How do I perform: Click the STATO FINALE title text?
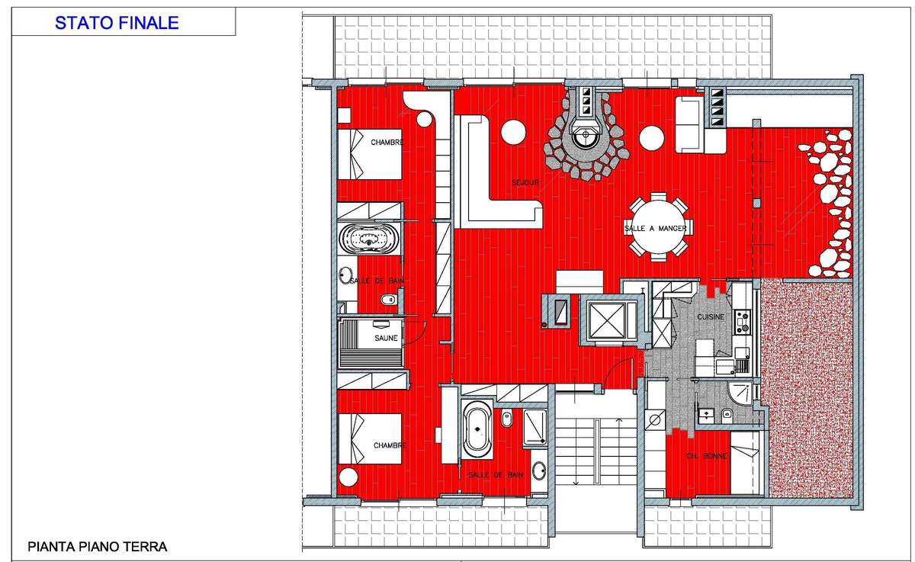coord(117,22)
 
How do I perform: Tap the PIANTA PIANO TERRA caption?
coord(98,547)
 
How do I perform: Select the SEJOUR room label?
coord(525,182)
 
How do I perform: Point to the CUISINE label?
coord(711,316)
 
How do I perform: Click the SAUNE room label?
coord(386,338)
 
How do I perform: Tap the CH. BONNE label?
coord(707,456)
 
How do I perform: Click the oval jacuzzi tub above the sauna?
coord(370,239)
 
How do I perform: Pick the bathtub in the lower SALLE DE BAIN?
coord(477,430)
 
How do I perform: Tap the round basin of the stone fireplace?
coord(586,134)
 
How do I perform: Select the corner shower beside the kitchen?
coord(740,394)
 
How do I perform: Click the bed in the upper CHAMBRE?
coord(370,154)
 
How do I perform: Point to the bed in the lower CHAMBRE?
coord(370,438)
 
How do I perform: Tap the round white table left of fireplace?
coord(513,133)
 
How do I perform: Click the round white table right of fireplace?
coord(651,138)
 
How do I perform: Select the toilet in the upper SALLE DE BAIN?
coord(388,300)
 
